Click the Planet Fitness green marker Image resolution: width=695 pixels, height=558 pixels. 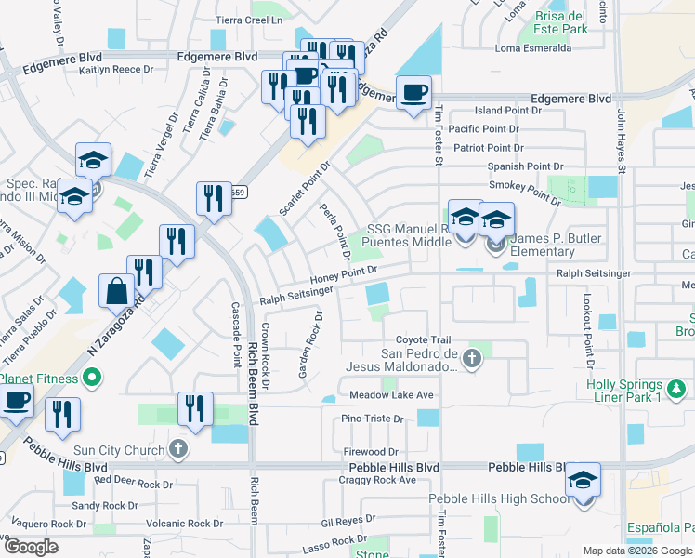90,378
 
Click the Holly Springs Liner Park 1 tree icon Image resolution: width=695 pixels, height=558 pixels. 678,385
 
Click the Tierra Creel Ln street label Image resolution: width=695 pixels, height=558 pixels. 248,20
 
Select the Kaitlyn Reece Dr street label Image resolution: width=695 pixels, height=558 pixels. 116,70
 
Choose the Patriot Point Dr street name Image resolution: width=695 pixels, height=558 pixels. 489,148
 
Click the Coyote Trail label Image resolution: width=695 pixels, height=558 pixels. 423,340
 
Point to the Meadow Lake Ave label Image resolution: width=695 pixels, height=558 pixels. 391,395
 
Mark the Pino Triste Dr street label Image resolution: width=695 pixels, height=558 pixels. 375,419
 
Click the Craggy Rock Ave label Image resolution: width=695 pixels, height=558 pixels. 378,480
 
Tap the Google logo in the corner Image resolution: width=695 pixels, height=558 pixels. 31,546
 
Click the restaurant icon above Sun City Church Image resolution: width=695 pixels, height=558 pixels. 195,408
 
